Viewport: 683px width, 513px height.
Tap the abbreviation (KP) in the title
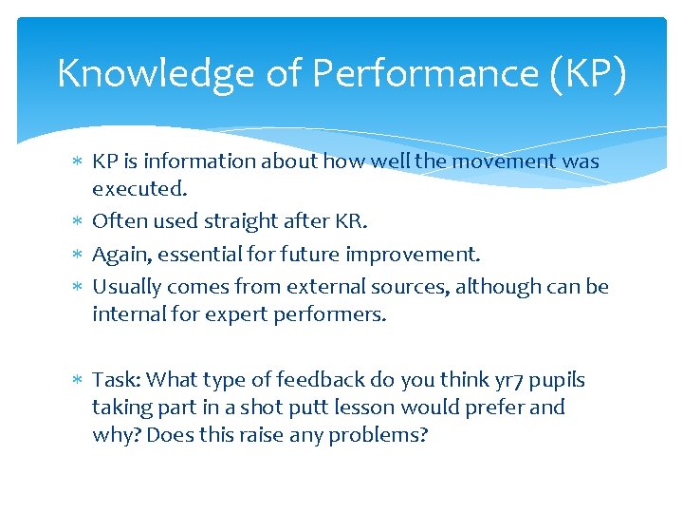(x=585, y=73)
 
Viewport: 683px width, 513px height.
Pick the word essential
(x=202, y=255)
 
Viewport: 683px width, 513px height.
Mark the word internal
(x=128, y=314)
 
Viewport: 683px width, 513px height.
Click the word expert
(x=229, y=314)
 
